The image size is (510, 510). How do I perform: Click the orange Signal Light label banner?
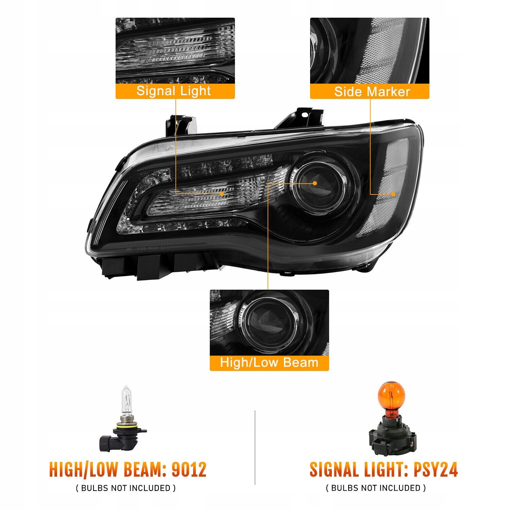pos(175,91)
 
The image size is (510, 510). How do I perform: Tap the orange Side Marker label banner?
pos(370,91)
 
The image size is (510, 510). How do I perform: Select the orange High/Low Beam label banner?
pos(269,363)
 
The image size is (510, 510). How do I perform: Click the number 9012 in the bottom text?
pos(189,470)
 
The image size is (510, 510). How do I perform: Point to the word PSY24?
pos(436,470)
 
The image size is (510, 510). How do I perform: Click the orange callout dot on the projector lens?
pos(315,183)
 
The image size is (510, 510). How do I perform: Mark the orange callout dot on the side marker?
pos(393,194)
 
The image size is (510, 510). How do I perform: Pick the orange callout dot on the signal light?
pos(222,194)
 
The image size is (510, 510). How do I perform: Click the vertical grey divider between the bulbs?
pos(255,447)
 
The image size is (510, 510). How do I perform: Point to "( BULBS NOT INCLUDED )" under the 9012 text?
pos(126,488)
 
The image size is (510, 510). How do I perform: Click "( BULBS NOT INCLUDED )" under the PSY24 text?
pos(376,488)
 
